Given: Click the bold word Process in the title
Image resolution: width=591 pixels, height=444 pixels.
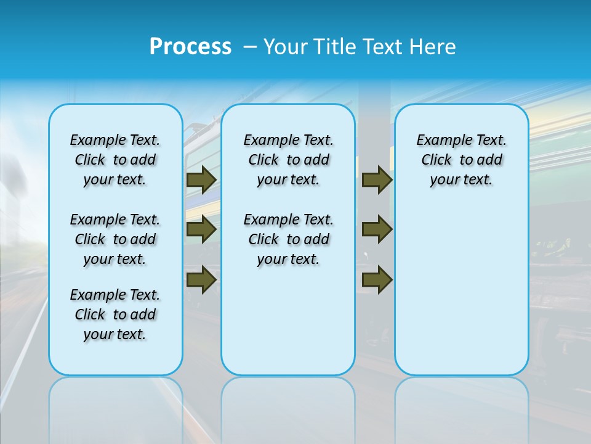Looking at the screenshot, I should (x=190, y=46).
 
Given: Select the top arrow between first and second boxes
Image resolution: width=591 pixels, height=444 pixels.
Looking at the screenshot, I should (x=201, y=179).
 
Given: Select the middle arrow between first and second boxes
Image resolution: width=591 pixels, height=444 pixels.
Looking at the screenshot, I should (x=201, y=229).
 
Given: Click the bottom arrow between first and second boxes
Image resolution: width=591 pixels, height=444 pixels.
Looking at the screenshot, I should (x=201, y=279).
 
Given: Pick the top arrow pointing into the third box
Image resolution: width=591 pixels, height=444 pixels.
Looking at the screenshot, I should (x=377, y=179).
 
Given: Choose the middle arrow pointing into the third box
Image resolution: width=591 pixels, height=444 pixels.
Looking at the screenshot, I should (x=377, y=229).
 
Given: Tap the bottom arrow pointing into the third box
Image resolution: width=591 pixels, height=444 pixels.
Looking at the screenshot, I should (x=377, y=279).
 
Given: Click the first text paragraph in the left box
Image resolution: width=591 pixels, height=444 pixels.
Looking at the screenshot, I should (x=115, y=160).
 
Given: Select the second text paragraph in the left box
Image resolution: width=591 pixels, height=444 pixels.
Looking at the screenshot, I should (x=115, y=239).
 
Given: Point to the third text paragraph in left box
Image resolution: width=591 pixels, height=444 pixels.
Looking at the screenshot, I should (x=115, y=314).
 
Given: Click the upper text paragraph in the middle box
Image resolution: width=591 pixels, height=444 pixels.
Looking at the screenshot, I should (x=288, y=160).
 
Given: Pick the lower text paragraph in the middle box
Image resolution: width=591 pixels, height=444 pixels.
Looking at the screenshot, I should (x=288, y=239).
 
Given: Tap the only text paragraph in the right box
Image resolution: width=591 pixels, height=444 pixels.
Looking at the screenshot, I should (x=461, y=160).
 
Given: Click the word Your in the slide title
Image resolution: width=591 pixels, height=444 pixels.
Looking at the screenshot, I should (x=287, y=46).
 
